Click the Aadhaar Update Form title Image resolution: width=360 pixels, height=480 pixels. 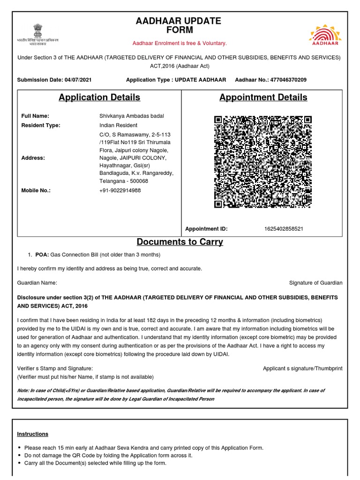[x=178, y=26]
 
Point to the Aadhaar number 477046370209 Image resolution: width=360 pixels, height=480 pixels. [x=288, y=80]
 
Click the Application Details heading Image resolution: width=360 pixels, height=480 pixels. [x=99, y=97]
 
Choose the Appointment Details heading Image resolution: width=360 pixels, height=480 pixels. [x=263, y=97]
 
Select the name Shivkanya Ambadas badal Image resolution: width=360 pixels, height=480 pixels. [x=132, y=116]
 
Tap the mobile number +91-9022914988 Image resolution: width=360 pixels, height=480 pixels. [x=120, y=190]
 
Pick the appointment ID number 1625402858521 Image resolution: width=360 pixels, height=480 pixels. [x=284, y=229]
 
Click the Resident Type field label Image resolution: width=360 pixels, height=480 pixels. [x=41, y=125]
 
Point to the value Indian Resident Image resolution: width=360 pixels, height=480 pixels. [x=118, y=125]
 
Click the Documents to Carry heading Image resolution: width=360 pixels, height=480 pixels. [x=180, y=242]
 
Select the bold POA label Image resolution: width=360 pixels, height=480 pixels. [x=42, y=255]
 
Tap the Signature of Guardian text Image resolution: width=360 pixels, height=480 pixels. [x=316, y=283]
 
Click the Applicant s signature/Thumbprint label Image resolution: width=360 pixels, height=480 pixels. [x=303, y=368]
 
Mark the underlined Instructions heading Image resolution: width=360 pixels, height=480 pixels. [x=33, y=434]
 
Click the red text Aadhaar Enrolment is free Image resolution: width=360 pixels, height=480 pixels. [x=180, y=43]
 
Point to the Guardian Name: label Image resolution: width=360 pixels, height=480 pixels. [x=37, y=283]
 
